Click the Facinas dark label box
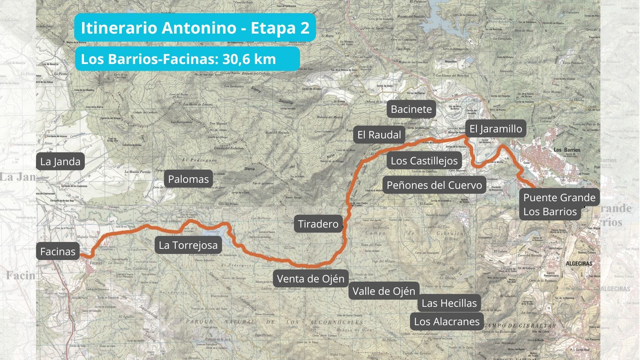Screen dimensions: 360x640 [x=58, y=252]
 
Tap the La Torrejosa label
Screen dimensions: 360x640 [x=188, y=245]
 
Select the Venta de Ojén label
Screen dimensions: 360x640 [x=310, y=279]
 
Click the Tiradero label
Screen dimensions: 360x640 [x=318, y=224]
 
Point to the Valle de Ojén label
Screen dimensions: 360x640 [x=384, y=291]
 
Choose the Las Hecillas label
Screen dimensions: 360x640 [x=449, y=303]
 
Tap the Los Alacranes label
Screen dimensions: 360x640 [x=446, y=322]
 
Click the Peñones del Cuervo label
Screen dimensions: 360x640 [x=434, y=185]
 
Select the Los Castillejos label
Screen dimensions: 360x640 [x=424, y=161]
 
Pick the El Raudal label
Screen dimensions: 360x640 [x=379, y=135]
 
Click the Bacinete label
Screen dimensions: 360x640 [x=411, y=109]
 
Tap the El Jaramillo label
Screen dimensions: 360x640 [x=495, y=129]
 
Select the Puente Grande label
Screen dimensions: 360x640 [x=559, y=198]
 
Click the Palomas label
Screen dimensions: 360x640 [x=188, y=179]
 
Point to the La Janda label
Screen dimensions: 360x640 [x=60, y=162]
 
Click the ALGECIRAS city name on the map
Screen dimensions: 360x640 [x=579, y=264]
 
